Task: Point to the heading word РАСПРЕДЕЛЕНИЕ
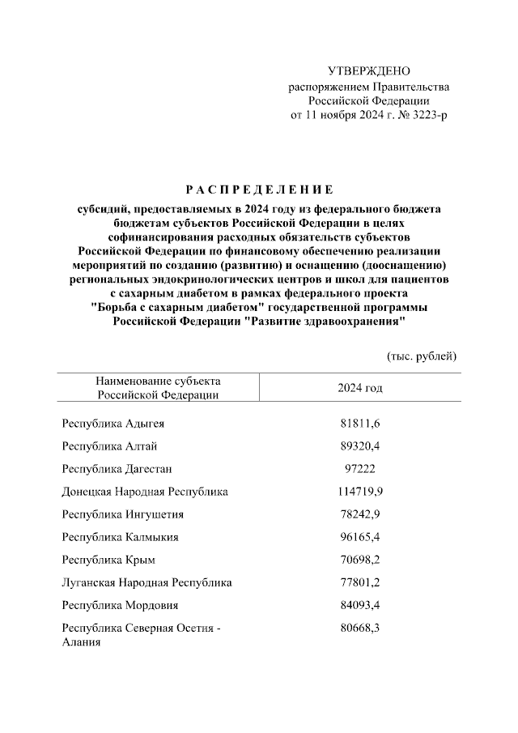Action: [259, 190]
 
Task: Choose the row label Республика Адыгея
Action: [114, 424]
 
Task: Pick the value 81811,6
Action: [360, 424]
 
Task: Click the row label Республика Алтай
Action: [109, 446]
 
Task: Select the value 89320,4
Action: [360, 446]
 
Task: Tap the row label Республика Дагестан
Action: [117, 469]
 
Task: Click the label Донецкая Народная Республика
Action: [145, 492]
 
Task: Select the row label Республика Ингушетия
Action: [122, 514]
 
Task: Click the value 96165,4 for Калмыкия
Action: [360, 537]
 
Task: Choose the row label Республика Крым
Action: [108, 560]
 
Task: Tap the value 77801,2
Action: [360, 582]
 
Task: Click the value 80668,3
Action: [360, 628]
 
